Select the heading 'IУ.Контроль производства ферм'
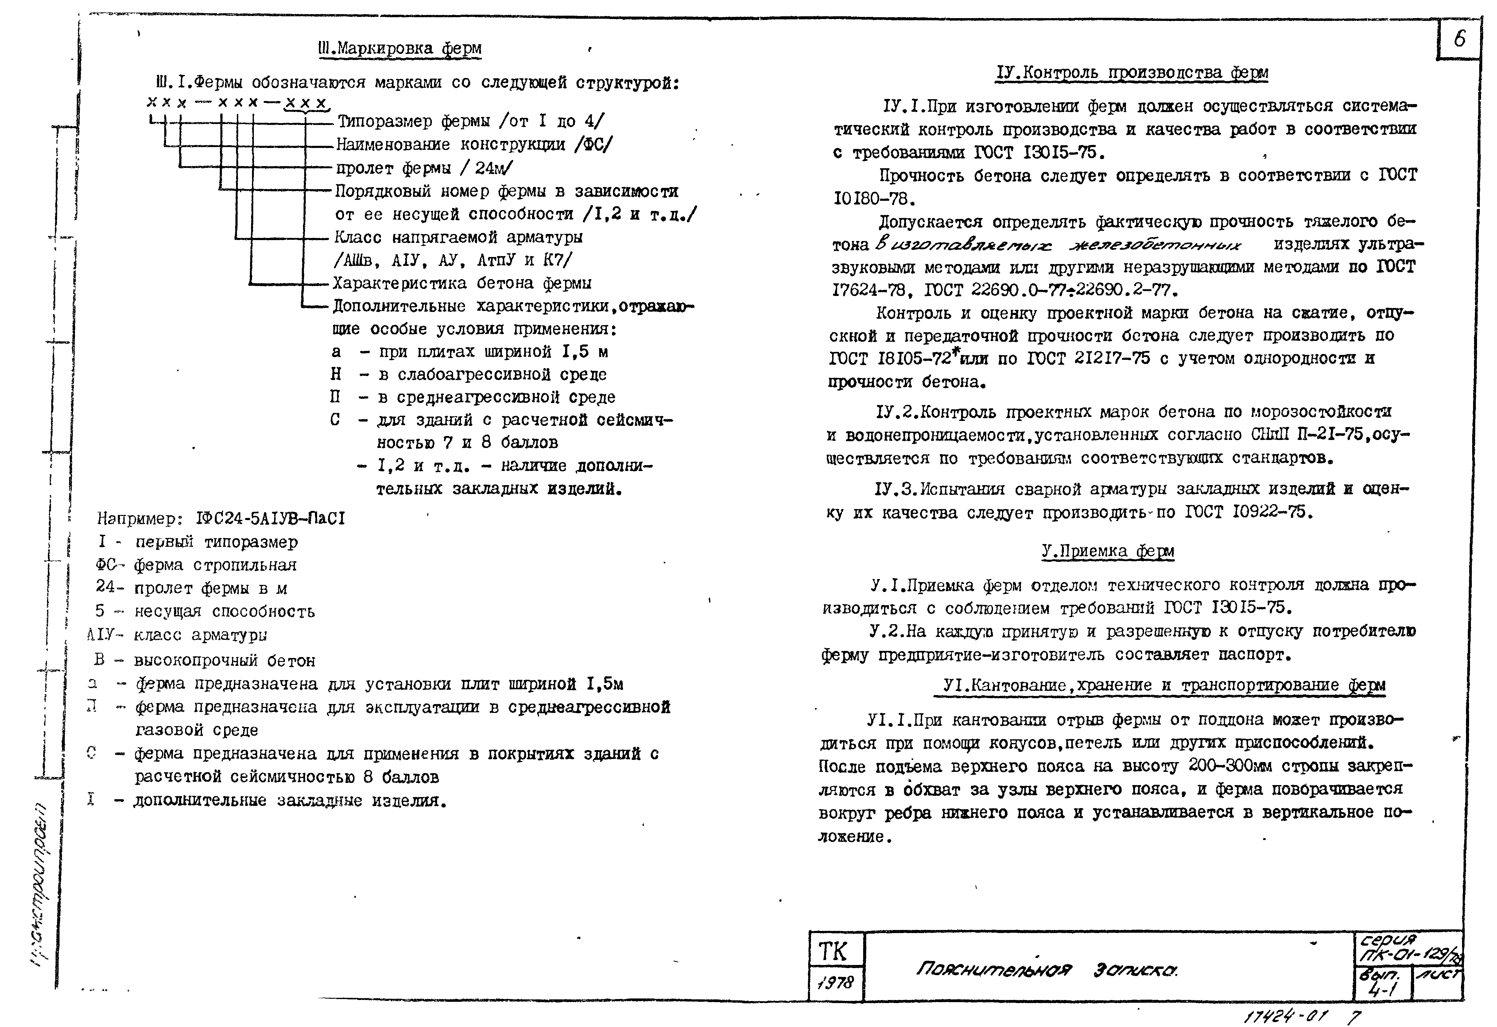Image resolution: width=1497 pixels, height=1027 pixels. point(1132,73)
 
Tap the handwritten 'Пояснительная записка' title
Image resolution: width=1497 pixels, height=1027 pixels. point(1047,969)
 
